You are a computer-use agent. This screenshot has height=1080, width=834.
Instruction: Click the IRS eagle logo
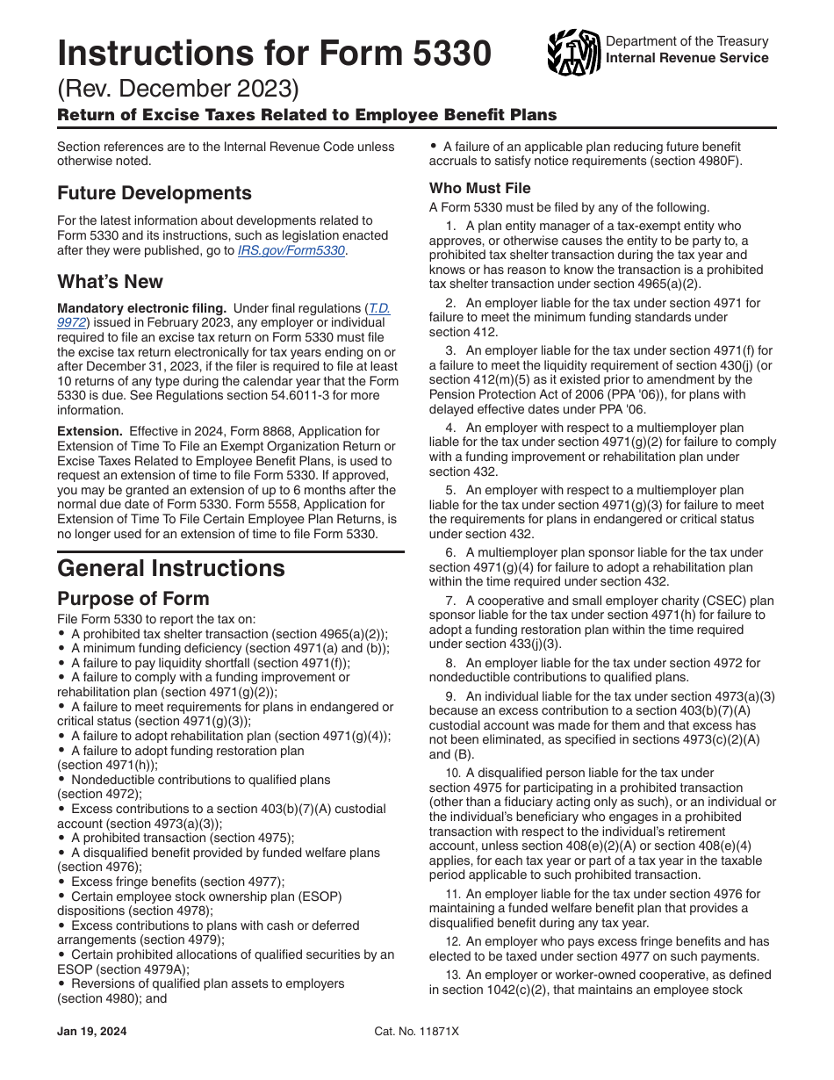pos(573,52)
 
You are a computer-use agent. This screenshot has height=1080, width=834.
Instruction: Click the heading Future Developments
pos(155,193)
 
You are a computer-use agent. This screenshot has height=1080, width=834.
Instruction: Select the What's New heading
pos(110,282)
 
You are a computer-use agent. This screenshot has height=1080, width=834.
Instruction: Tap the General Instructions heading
pos(171,568)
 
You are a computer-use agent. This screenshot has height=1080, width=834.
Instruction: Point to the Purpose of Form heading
pos(133,599)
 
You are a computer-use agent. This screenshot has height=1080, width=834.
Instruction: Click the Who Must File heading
pos(479,188)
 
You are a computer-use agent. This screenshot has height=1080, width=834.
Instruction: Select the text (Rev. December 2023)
pos(178,90)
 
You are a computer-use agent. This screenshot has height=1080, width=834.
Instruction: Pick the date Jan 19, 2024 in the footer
pos(92,1032)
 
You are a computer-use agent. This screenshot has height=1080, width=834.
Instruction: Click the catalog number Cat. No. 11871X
pos(416,1032)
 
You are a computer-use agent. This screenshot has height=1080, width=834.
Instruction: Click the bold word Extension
pos(90,432)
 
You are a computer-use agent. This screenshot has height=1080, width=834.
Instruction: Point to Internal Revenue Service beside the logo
pos(687,58)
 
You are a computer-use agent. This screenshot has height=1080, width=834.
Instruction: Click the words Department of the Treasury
pos(687,41)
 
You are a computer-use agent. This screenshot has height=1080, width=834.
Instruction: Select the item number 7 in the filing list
pos(449,601)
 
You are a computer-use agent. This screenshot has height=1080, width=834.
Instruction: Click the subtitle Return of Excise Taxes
pos(306,115)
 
